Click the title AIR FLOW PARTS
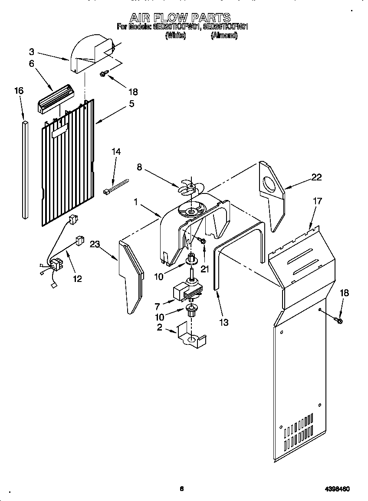click(x=180, y=17)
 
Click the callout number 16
click(x=19, y=91)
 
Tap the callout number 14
click(x=116, y=152)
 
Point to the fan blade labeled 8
click(x=189, y=187)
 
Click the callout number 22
click(x=316, y=177)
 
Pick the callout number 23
click(x=95, y=244)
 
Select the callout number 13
click(x=224, y=322)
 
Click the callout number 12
click(x=77, y=278)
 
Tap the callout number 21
click(x=204, y=269)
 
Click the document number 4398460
click(x=336, y=489)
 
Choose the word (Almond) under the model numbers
click(x=224, y=36)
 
